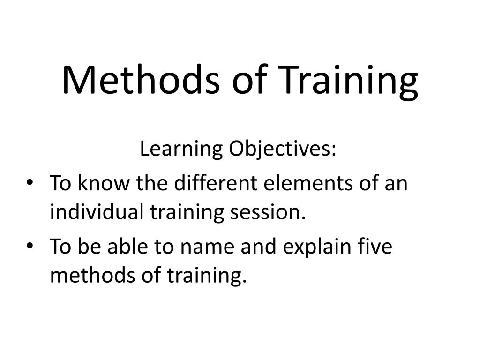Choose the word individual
coord(97,211)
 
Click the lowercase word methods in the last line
coord(92,275)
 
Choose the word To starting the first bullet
coord(60,183)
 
